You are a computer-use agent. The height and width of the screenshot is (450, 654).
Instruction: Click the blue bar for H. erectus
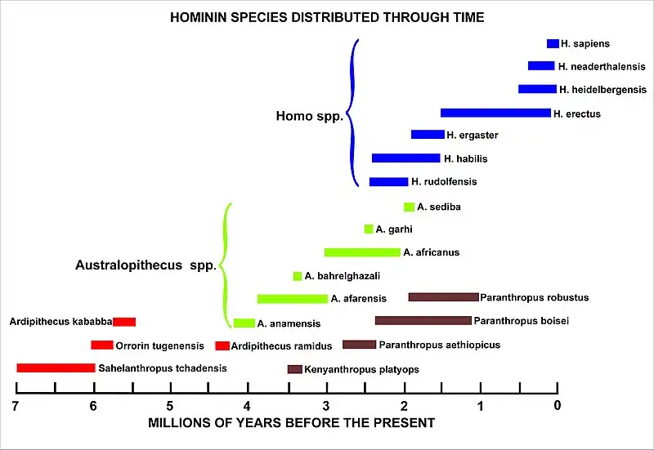tap(495, 113)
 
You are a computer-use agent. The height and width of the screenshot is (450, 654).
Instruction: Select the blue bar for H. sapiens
tap(553, 43)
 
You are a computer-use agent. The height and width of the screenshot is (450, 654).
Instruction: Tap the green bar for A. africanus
tap(362, 252)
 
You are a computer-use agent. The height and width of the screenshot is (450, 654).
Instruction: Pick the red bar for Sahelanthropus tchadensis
tap(56, 368)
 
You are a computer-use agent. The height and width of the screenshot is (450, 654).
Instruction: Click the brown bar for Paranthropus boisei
tap(423, 321)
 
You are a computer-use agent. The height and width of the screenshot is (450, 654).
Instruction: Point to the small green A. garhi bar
tap(369, 229)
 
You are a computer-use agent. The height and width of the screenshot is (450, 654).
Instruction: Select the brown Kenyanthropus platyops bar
tap(295, 369)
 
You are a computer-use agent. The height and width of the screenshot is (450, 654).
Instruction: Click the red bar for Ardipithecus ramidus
tap(222, 346)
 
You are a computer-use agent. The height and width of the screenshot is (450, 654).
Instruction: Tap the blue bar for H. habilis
tap(405, 158)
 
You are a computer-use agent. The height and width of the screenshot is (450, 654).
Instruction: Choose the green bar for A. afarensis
tap(292, 299)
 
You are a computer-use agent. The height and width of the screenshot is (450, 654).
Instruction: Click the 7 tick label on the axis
tap(16, 407)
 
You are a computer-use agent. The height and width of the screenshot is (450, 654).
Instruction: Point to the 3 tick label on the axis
tap(326, 407)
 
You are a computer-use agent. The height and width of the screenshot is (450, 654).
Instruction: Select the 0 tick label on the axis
tap(558, 407)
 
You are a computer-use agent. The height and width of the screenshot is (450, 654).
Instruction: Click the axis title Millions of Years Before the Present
tap(291, 423)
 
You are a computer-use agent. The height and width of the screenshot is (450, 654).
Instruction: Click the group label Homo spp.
tap(309, 117)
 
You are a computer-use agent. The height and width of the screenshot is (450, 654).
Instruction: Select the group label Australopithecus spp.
tap(145, 265)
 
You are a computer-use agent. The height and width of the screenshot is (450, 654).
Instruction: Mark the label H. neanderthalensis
tap(602, 66)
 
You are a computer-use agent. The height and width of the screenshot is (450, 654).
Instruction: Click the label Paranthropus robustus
tap(535, 297)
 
